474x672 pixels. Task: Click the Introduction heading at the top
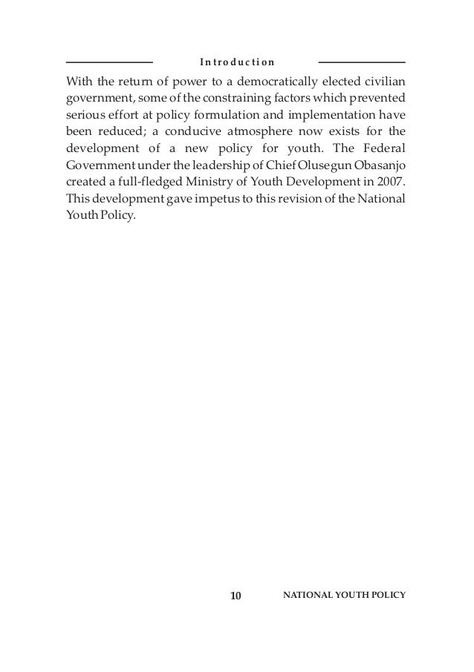236,62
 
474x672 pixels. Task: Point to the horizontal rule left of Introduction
109,62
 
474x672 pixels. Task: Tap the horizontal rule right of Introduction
362,62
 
